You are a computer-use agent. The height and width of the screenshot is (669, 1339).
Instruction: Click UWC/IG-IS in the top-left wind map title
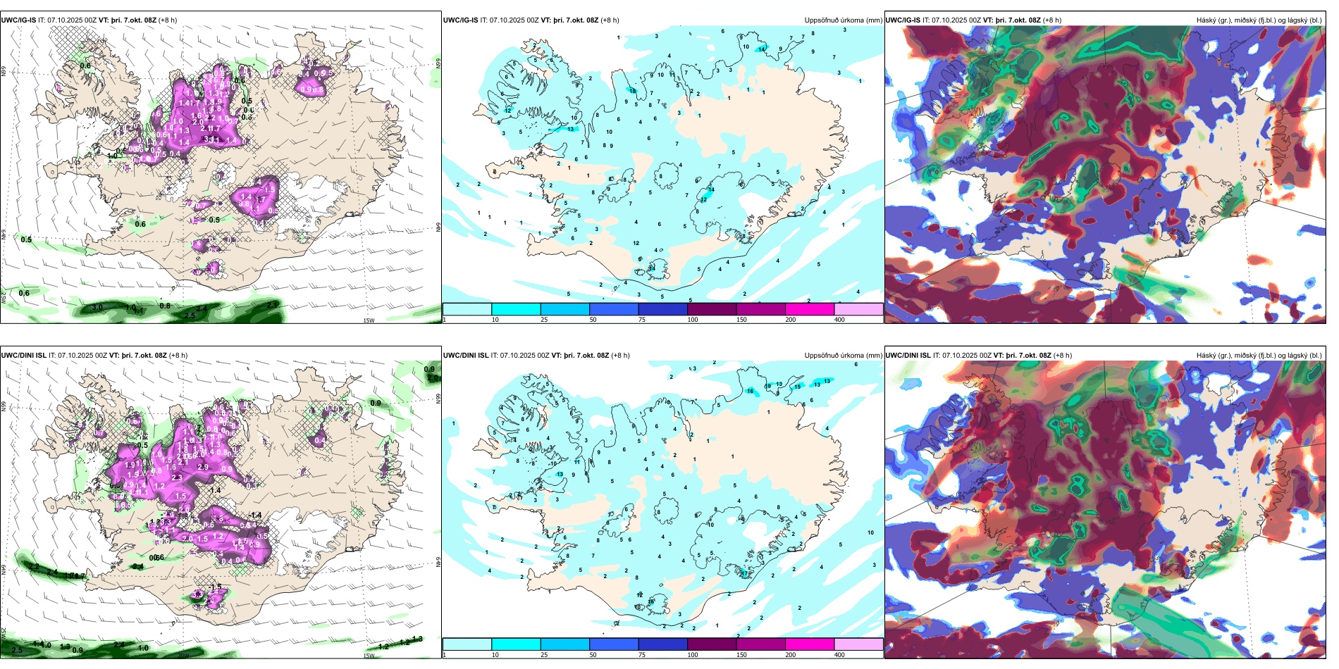click(x=18, y=20)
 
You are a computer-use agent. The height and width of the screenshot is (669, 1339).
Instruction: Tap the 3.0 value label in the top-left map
click(x=97, y=307)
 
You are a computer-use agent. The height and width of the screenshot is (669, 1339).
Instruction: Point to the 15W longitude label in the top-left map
click(x=368, y=320)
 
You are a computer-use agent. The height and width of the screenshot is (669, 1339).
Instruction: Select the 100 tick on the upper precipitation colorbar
click(x=693, y=320)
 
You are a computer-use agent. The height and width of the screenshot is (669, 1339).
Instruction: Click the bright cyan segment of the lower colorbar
click(x=516, y=644)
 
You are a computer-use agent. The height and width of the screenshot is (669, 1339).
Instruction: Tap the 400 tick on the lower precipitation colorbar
click(x=839, y=655)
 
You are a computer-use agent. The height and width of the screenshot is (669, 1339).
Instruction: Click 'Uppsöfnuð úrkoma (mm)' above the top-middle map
click(x=843, y=20)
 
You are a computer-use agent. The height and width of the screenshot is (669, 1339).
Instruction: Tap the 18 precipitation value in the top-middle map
click(x=632, y=91)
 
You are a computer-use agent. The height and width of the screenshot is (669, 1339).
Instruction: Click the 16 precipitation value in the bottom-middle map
click(x=751, y=391)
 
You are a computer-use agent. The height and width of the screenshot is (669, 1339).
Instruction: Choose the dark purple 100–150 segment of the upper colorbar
click(x=711, y=309)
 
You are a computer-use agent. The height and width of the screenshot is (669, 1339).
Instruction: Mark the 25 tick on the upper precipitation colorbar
click(x=544, y=320)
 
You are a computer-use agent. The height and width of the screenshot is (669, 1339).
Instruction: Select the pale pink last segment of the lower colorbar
click(x=858, y=644)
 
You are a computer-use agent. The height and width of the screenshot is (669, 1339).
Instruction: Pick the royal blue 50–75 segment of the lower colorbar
click(x=613, y=644)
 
